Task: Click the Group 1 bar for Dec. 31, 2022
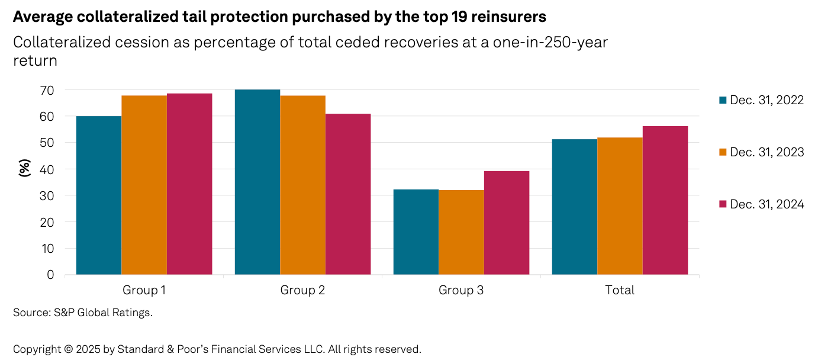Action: pos(99,195)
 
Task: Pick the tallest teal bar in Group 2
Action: pos(257,182)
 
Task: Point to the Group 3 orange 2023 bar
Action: pos(461,232)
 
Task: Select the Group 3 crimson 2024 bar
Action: pos(507,223)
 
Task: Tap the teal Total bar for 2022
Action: pos(575,207)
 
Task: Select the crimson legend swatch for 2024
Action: pos(722,204)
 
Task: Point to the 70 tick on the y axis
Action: pos(47,90)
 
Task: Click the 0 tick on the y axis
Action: pos(50,275)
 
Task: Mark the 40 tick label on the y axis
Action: pos(47,169)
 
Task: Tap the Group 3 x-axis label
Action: pos(461,290)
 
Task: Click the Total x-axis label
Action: pos(620,290)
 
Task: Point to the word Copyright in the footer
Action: pos(37,349)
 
